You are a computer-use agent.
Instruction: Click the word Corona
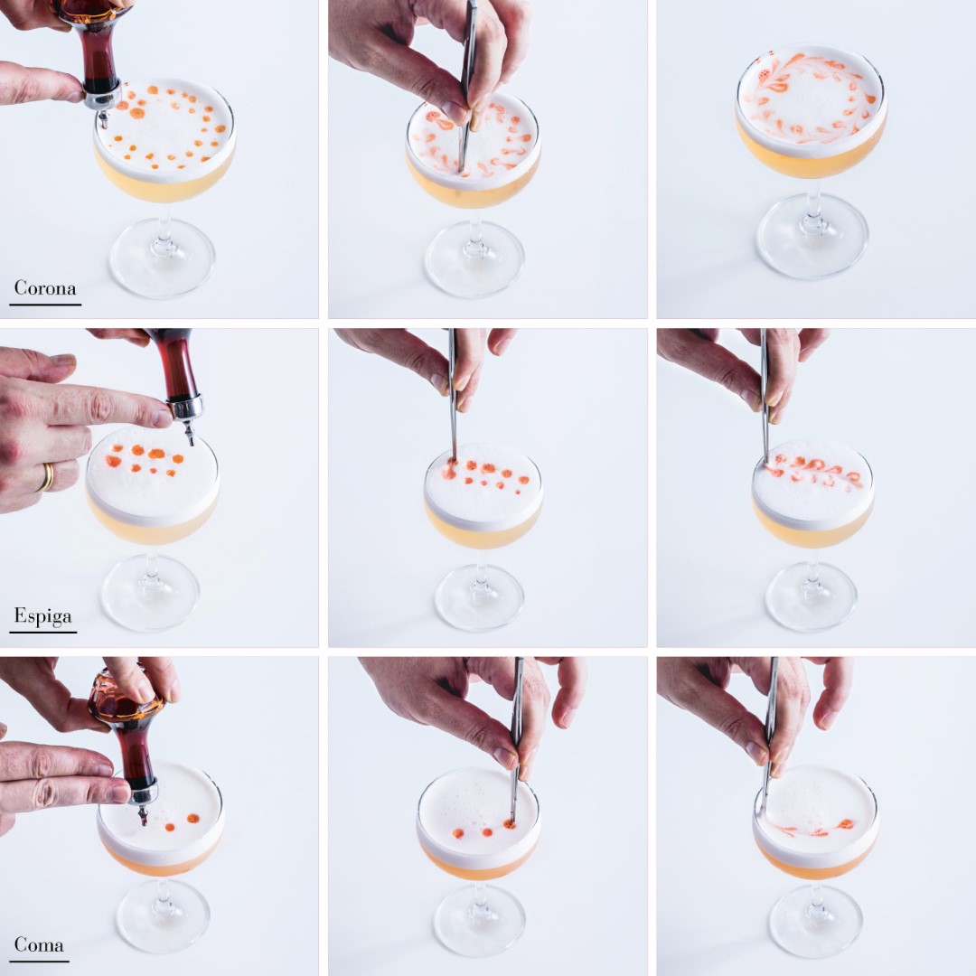[x=45, y=288]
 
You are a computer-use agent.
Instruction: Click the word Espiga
[x=43, y=616]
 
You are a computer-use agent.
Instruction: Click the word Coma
[x=39, y=945]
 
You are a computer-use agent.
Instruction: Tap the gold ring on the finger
[x=45, y=478]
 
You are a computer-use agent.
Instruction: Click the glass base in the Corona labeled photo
[x=163, y=258]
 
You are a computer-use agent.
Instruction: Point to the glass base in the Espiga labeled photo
[x=150, y=592]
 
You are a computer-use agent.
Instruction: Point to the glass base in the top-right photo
[x=812, y=236]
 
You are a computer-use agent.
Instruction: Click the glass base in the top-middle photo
[x=474, y=259]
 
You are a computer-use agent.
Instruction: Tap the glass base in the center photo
[x=479, y=597]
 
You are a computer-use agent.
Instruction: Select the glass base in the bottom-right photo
[x=815, y=922]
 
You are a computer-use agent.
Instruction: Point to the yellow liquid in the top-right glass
[x=811, y=153]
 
